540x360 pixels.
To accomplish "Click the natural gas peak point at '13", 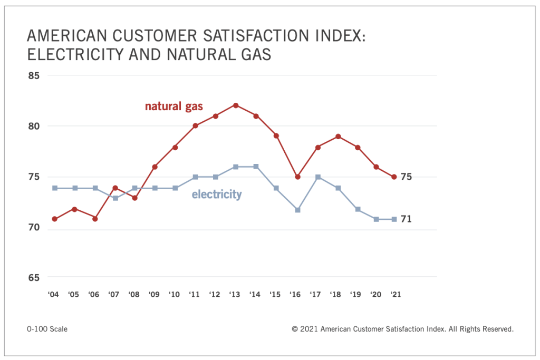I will coord(236,105).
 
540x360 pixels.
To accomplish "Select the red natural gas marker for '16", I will coord(297,177).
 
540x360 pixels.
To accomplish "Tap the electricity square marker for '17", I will coord(318,178).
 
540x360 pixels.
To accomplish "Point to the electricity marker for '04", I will coord(54,188).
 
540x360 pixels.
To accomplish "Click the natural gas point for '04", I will coord(54,219).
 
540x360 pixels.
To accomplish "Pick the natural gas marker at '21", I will coord(394,177).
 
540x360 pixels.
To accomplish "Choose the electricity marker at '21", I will coord(394,219).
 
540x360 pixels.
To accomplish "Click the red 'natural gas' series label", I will coord(173,106).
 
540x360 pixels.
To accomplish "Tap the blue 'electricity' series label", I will coord(216,194).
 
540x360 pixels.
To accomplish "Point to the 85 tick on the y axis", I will coord(34,75).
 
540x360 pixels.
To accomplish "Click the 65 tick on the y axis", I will coord(34,277).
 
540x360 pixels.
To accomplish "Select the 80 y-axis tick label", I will coord(34,126).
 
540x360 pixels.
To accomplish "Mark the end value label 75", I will coord(406,177).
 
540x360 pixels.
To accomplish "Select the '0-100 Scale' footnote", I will coord(47,329).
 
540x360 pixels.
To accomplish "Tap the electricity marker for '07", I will coord(114,198).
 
